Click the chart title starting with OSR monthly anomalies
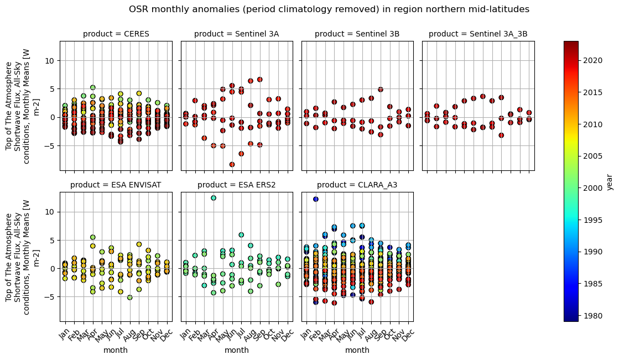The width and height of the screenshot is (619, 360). [x=329, y=9]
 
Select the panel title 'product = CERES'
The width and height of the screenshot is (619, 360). [x=116, y=34]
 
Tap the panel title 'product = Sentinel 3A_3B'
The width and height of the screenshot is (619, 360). [x=478, y=34]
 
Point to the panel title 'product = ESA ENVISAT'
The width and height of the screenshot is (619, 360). [x=116, y=185]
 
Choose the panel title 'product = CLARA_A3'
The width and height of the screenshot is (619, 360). [x=357, y=185]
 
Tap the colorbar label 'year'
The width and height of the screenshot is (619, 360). [x=609, y=181]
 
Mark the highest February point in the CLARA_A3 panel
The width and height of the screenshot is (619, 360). [x=315, y=199]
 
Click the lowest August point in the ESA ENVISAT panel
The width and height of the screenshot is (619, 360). [x=129, y=298]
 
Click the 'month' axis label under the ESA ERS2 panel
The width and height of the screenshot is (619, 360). [x=236, y=350]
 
